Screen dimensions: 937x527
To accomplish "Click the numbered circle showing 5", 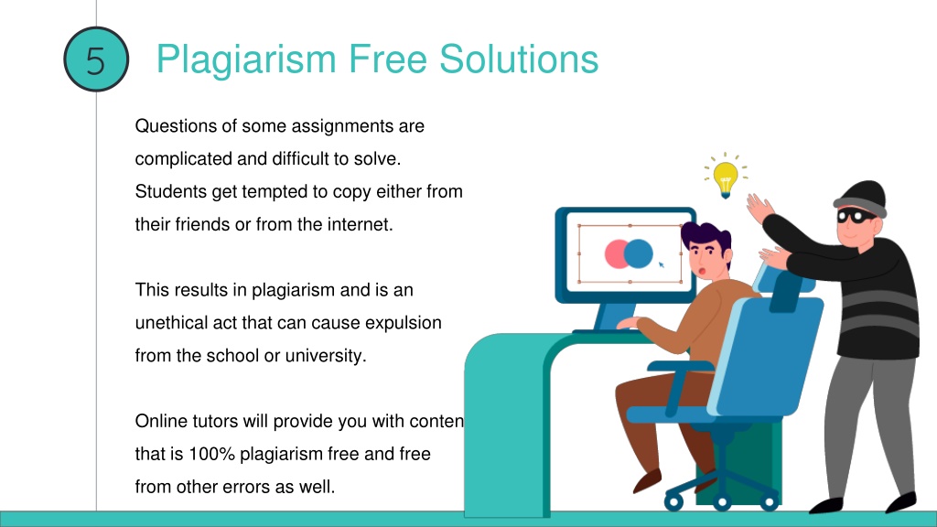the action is coord(95,59).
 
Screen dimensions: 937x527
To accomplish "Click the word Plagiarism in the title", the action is coord(246,59).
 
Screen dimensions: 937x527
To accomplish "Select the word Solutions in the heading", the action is coord(519,59).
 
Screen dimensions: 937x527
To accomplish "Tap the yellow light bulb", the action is coord(726,177).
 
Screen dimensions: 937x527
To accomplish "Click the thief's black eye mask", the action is coord(856,216).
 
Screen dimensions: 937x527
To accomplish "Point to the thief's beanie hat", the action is coord(861,199).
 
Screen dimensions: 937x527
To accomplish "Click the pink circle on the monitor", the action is coord(616,253).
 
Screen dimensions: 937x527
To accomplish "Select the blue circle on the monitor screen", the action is coord(638,253).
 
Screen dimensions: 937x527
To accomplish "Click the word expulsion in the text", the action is coord(404,323).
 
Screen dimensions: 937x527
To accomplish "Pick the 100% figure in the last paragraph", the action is coord(211,454).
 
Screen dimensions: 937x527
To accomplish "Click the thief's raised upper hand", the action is coord(759,208).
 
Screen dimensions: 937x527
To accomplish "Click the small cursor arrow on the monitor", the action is coord(662,264).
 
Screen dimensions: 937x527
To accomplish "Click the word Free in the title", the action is coord(387,59).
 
